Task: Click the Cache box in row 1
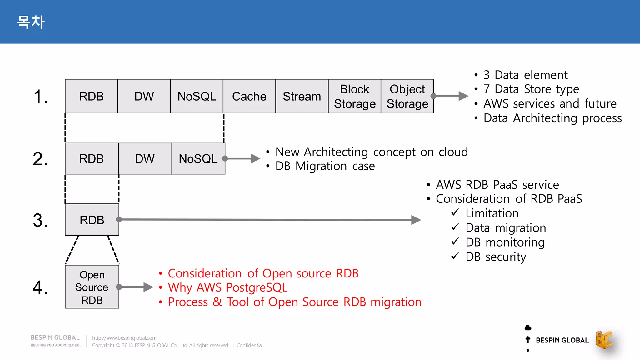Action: point(249,96)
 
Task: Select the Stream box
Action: point(302,96)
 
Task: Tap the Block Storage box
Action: point(354,96)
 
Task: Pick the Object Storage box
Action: point(407,96)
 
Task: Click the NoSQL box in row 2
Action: point(198,158)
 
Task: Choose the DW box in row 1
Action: point(144,96)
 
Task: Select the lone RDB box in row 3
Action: point(92,220)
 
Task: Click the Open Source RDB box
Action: point(92,287)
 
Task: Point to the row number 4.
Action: point(40,287)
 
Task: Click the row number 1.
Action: point(41,96)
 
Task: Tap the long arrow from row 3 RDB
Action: point(269,220)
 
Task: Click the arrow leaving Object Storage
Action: point(450,96)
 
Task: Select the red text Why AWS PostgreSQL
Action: point(227,287)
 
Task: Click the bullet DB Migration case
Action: point(325,166)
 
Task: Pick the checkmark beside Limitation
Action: point(455,212)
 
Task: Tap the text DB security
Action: point(496,257)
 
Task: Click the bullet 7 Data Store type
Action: point(531,89)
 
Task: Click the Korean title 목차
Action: point(31,22)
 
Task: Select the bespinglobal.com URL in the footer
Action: point(124,338)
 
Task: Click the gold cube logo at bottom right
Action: point(604,340)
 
